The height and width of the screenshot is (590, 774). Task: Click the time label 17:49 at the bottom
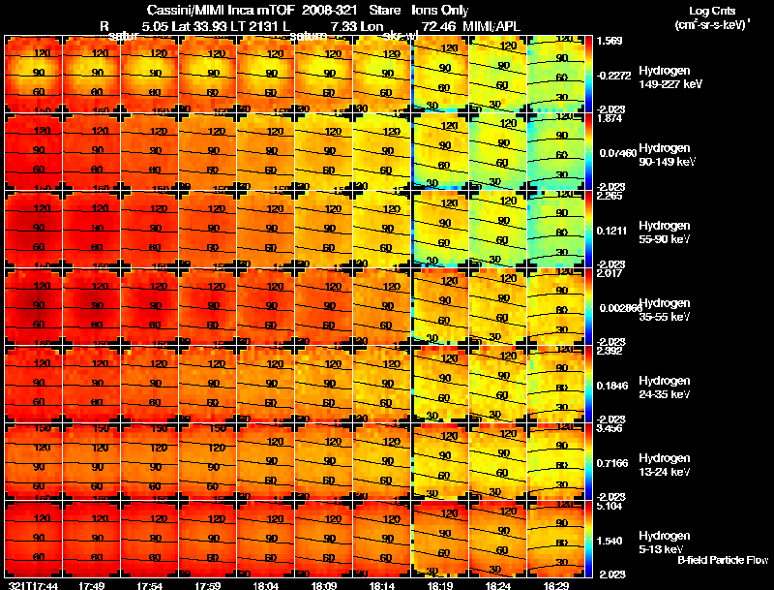pyautogui.click(x=92, y=584)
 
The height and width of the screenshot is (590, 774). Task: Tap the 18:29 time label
pyautogui.click(x=555, y=584)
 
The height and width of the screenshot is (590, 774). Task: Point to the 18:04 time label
pyautogui.click(x=266, y=584)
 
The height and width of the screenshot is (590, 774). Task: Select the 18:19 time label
pyautogui.click(x=440, y=584)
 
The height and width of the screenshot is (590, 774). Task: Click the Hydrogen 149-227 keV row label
pyautogui.click(x=670, y=78)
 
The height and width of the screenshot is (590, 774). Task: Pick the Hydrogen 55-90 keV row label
pyautogui.click(x=670, y=233)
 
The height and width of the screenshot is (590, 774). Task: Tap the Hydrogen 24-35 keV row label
pyautogui.click(x=670, y=387)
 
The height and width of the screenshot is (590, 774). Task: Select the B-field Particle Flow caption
pyautogui.click(x=722, y=560)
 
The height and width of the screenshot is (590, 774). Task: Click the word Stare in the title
pyautogui.click(x=372, y=10)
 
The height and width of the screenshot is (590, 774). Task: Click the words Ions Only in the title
pyautogui.click(x=440, y=10)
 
